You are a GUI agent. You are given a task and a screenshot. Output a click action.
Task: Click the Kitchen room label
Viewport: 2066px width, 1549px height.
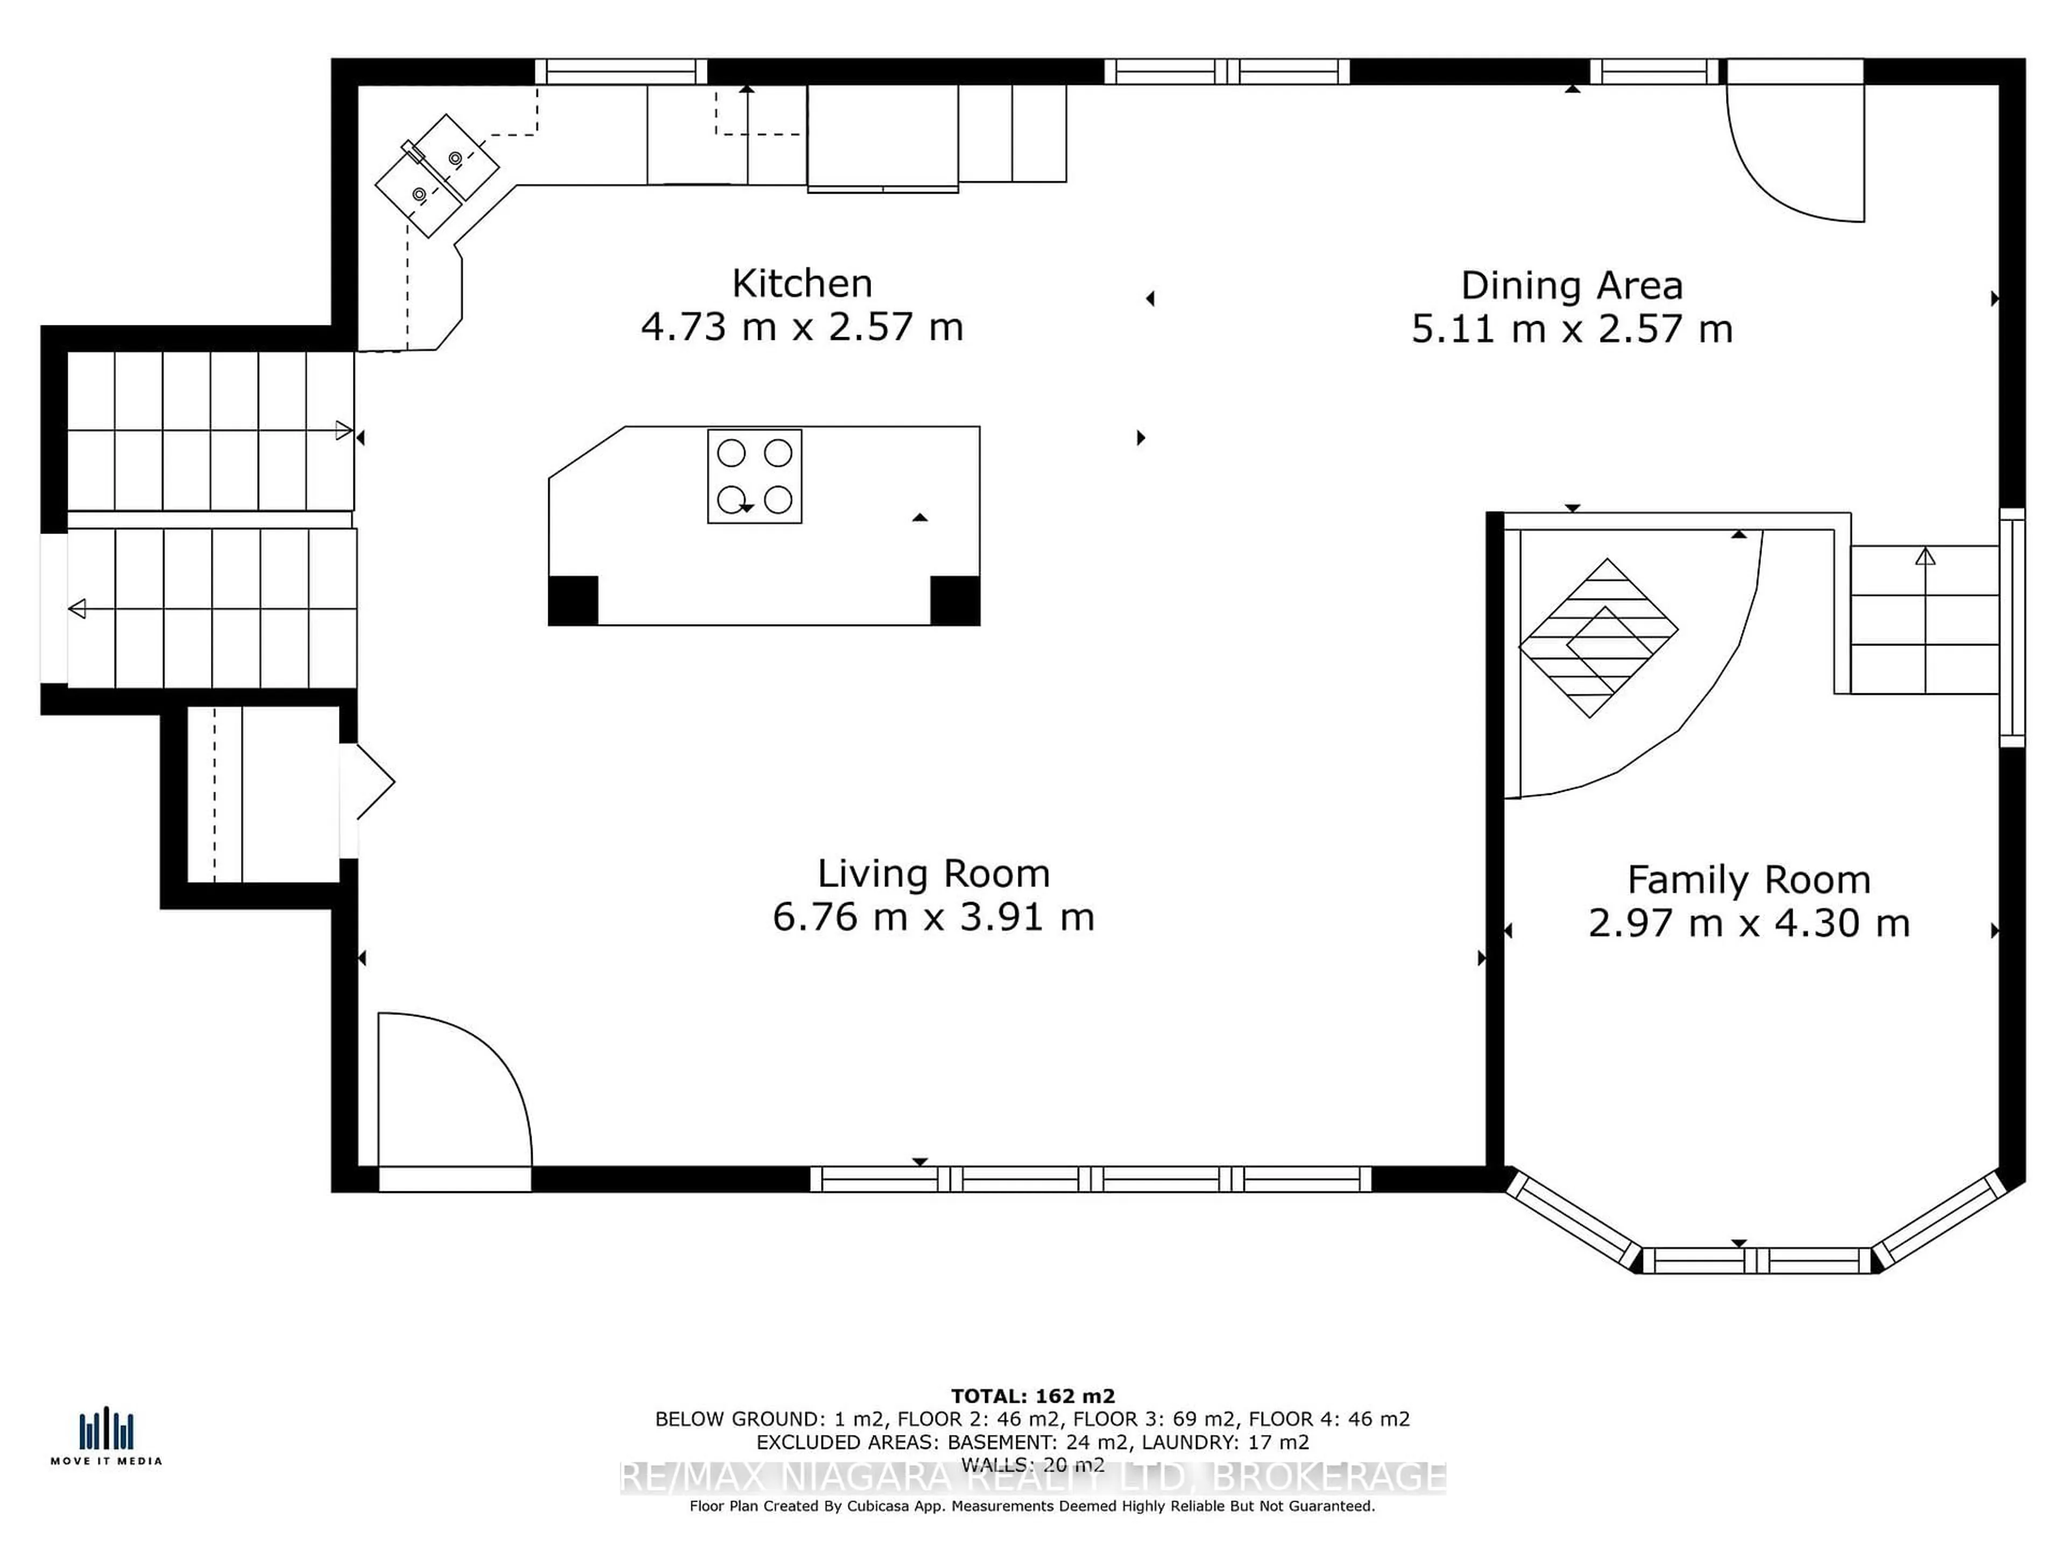coord(801,283)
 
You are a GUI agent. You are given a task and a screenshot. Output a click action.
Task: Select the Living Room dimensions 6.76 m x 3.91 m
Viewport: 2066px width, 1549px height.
coord(933,917)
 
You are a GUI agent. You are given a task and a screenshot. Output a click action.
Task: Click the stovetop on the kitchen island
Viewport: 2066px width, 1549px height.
coord(755,476)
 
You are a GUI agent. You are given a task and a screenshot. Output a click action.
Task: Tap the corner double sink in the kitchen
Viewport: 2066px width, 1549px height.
coord(437,175)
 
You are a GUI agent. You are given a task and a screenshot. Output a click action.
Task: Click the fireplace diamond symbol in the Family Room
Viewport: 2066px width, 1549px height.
coord(1598,638)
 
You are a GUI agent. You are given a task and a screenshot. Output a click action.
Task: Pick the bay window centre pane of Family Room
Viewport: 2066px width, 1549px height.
coord(1756,1261)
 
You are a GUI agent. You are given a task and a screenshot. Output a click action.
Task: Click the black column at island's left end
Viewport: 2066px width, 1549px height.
coord(572,600)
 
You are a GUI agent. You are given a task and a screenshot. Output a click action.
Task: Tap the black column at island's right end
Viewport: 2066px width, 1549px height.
coord(954,600)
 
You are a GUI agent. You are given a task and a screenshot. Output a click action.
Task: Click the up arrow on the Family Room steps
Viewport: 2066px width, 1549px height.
coord(1925,557)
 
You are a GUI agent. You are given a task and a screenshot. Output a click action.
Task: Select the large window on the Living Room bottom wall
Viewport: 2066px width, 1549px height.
coord(1090,1179)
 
